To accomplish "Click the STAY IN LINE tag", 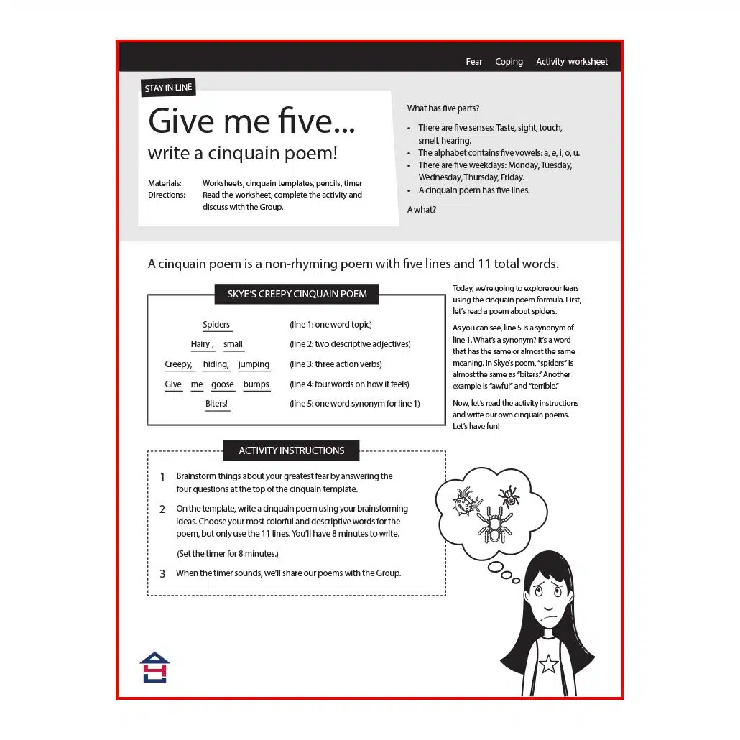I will tap(168, 88).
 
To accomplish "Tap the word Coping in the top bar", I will tap(509, 62).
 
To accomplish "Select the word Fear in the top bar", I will tap(474, 62).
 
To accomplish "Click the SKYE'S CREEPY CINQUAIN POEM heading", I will tap(297, 294).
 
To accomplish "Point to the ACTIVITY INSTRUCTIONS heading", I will tap(291, 450).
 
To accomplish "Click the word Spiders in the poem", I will tap(216, 325).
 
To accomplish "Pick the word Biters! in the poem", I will tap(216, 404).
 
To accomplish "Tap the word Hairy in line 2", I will tap(201, 344).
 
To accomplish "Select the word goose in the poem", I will tap(223, 384).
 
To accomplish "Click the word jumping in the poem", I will tap(254, 364).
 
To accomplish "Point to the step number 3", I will tap(162, 573).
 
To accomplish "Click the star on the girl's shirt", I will tap(549, 664).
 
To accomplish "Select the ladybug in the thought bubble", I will tap(466, 501).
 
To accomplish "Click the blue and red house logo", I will tap(154, 667).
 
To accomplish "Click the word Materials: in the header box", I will tap(165, 183).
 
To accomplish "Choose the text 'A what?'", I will tap(422, 210).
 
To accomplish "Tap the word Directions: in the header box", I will tap(167, 195).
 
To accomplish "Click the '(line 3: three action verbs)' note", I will tap(336, 364).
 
